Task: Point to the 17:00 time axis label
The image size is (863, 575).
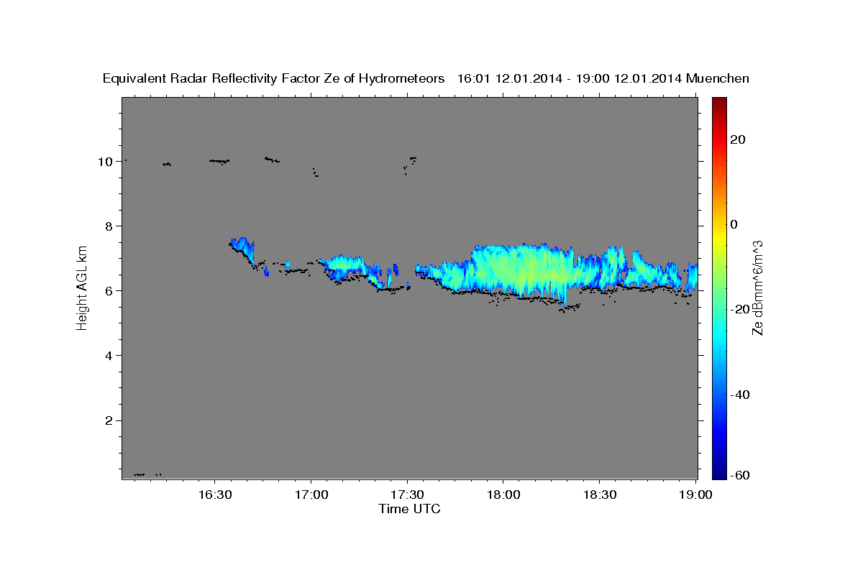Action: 311,494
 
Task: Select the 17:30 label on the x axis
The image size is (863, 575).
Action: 407,494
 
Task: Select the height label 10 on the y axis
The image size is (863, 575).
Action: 105,162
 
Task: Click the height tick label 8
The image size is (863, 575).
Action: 109,226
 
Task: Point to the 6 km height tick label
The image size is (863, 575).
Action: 109,291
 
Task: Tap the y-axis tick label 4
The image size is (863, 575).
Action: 109,356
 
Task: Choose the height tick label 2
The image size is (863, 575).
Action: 109,420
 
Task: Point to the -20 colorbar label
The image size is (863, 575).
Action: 740,309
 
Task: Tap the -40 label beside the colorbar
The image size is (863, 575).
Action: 740,395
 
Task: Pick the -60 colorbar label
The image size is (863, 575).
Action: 740,476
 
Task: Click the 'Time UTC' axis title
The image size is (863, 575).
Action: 409,509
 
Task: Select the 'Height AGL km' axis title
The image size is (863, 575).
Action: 82,286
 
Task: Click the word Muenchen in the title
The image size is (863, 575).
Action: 718,78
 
